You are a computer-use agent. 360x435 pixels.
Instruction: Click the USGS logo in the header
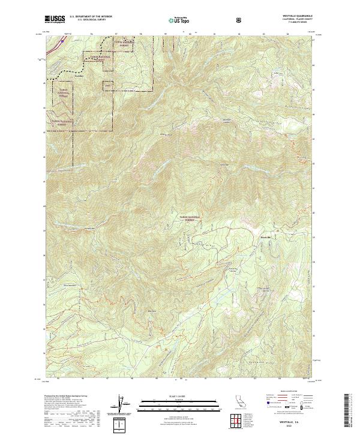point(55,19)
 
